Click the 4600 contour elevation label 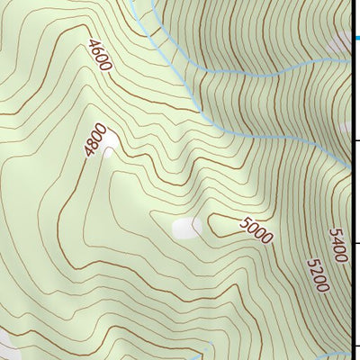tap(100, 56)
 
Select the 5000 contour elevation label tap(256, 231)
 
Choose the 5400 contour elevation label tap(339, 244)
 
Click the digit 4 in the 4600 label tap(94, 44)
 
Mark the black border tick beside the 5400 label tap(355, 242)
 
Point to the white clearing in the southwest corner tap(5, 342)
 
